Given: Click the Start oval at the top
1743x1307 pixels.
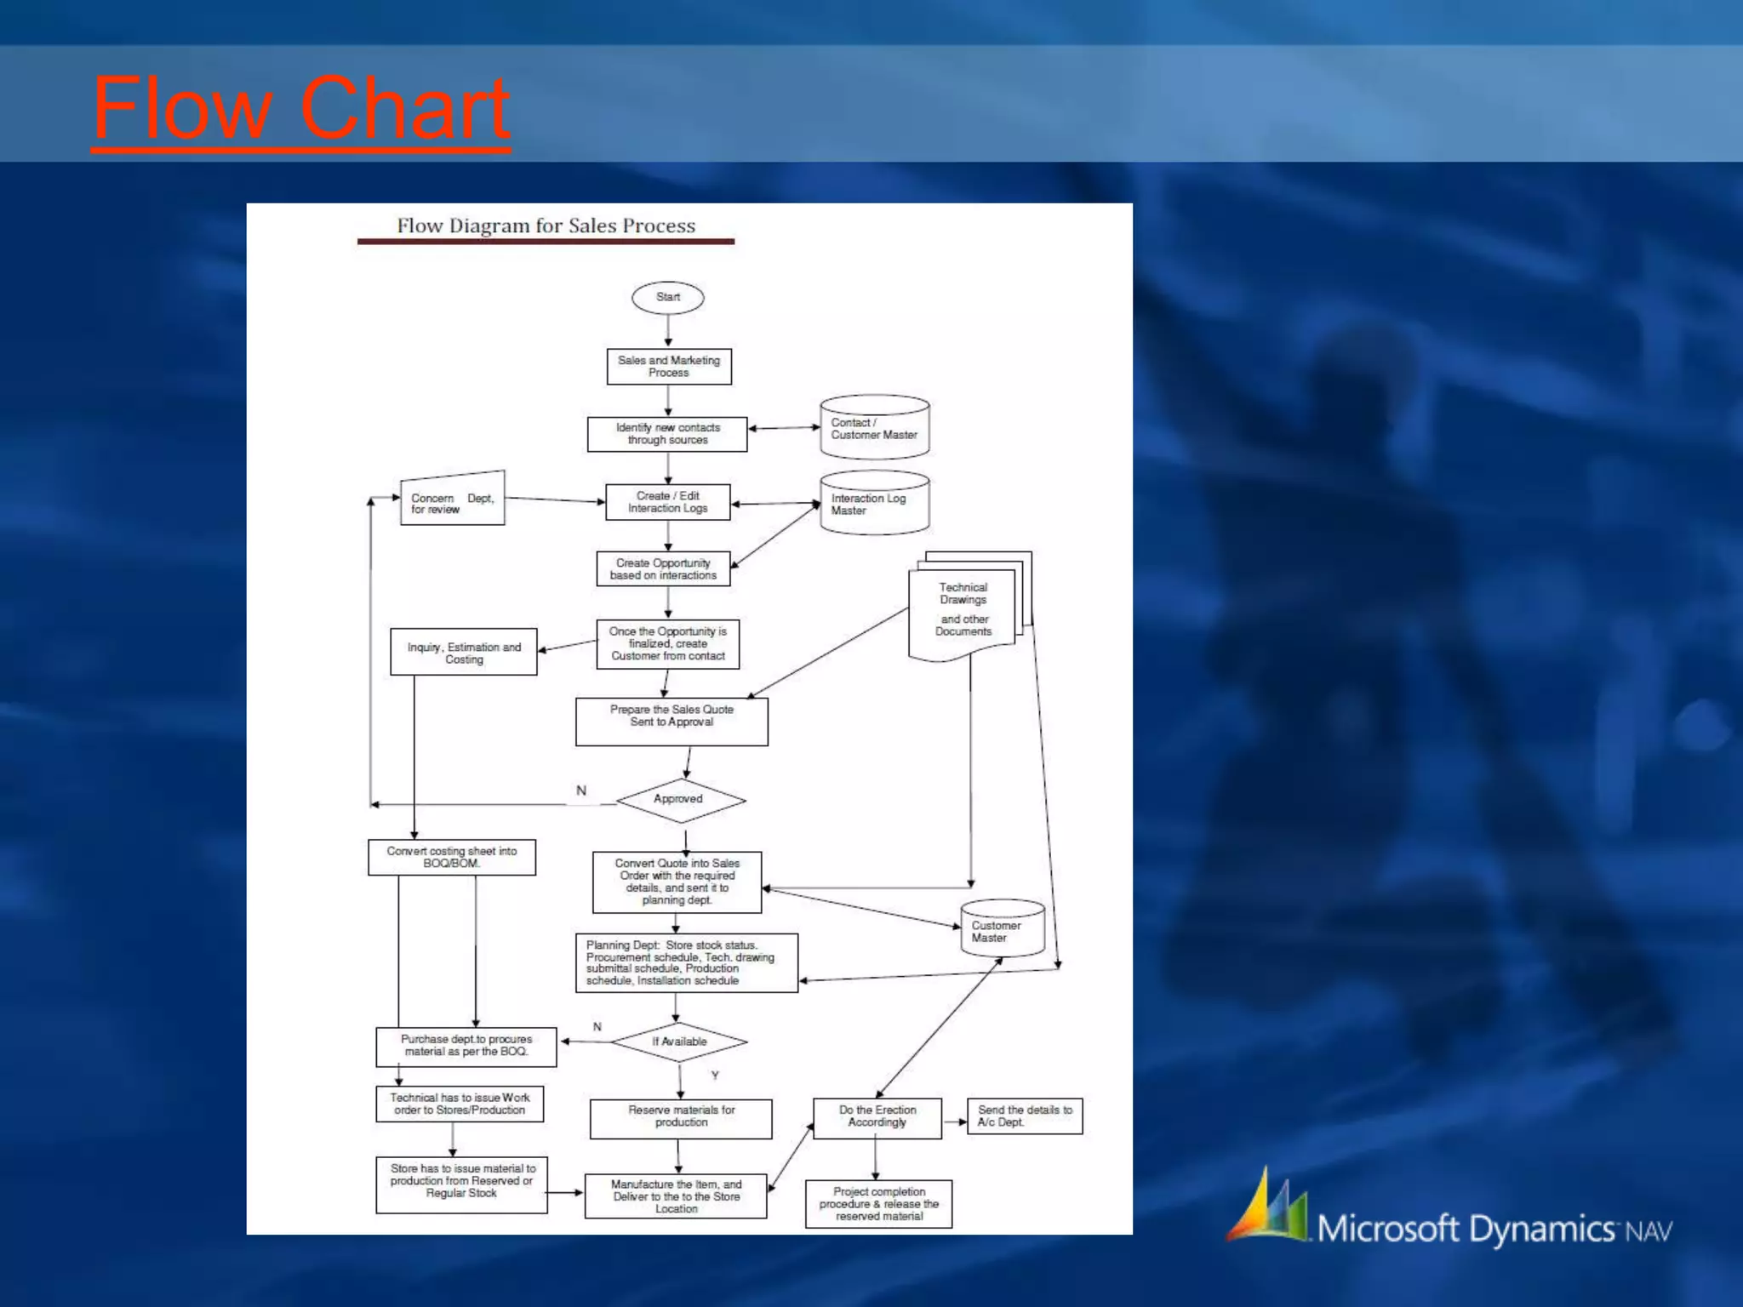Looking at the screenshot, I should coord(667,298).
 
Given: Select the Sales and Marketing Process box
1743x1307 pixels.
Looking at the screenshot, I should coord(669,367).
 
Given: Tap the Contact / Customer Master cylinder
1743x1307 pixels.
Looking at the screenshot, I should coord(874,428).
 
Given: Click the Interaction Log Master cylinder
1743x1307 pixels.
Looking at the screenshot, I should coord(874,504).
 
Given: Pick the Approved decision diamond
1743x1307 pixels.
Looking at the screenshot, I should coord(680,800).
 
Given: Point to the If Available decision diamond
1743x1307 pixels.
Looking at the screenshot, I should coord(679,1042).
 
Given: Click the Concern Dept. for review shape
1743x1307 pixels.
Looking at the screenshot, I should coord(452,501).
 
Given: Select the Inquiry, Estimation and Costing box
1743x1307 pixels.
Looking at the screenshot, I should coord(464,653).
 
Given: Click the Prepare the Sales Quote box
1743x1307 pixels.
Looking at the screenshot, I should coord(671,722).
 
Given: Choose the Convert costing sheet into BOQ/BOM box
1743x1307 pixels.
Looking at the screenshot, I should coord(452,857).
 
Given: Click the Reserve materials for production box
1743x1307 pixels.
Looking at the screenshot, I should coord(681,1118).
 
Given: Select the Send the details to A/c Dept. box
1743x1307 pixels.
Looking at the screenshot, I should coord(1025,1116).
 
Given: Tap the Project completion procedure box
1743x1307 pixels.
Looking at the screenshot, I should coord(878,1204).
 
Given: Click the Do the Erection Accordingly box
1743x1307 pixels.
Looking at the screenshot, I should coord(877,1117).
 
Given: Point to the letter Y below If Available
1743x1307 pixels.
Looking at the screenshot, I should coord(715,1076).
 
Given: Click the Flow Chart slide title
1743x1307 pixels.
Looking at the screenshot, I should coord(300,108).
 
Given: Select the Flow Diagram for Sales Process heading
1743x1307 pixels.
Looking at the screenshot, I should coord(546,226).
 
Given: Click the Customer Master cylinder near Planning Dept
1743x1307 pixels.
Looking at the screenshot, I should coord(1002,930).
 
